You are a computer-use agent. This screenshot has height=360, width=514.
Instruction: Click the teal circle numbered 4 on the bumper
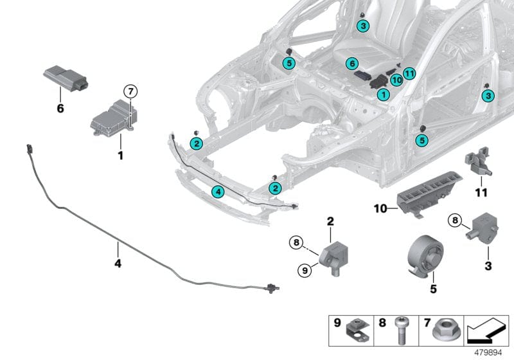point(218,192)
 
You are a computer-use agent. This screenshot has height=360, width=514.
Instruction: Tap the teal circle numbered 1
point(383,94)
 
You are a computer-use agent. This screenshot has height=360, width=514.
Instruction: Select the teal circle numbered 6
point(351,64)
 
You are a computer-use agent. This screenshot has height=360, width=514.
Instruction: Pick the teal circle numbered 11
point(410,73)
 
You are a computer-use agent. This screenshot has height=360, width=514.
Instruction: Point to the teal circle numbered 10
point(396,80)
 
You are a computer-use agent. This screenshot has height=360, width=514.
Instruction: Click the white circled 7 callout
point(130,92)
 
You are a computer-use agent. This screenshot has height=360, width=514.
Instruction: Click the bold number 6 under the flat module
point(60,109)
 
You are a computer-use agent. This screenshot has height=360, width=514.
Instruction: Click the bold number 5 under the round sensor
point(433,289)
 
